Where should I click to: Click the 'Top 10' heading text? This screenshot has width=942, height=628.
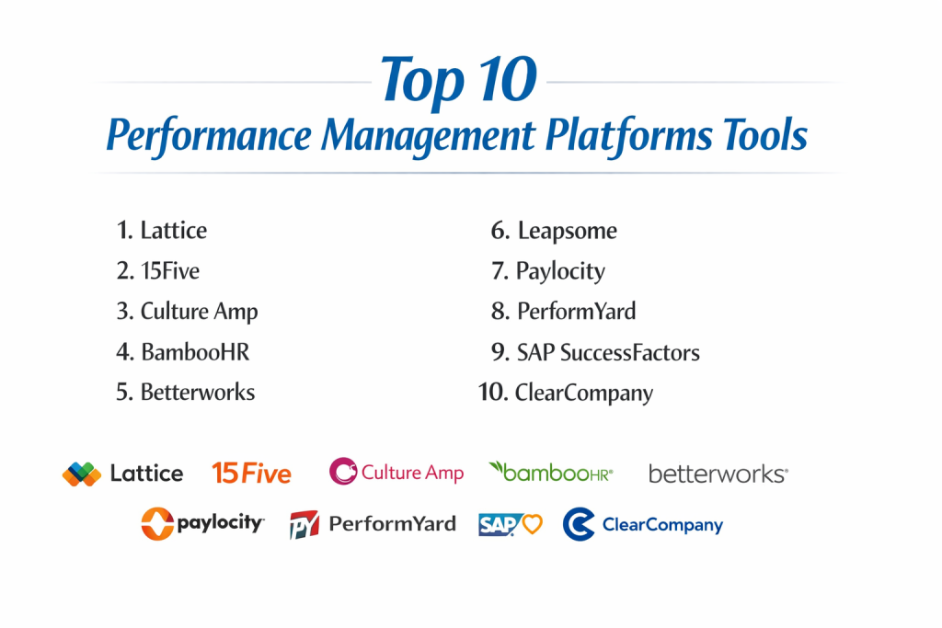[458, 80]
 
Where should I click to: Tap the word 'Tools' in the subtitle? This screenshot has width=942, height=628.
[765, 134]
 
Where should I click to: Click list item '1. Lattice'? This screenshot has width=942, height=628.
[162, 231]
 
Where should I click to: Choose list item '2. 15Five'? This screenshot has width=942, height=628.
[158, 270]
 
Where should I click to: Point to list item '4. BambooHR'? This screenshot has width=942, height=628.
[183, 352]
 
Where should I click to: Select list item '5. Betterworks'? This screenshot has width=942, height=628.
[186, 392]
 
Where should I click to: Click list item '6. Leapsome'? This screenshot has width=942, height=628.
[554, 231]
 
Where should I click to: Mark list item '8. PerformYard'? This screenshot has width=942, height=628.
[564, 312]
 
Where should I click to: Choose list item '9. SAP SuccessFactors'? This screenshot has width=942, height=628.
[595, 352]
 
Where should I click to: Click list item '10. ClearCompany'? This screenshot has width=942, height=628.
[566, 394]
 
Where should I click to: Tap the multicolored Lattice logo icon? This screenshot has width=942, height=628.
[82, 474]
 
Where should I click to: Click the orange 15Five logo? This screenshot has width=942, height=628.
[252, 474]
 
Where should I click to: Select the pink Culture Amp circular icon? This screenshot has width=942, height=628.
[343, 472]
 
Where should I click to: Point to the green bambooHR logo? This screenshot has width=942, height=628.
[551, 473]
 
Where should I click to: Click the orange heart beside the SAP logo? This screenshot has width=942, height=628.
[533, 524]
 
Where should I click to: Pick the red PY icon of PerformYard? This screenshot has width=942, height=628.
[304, 525]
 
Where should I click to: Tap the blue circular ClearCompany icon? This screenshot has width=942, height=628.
[579, 524]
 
